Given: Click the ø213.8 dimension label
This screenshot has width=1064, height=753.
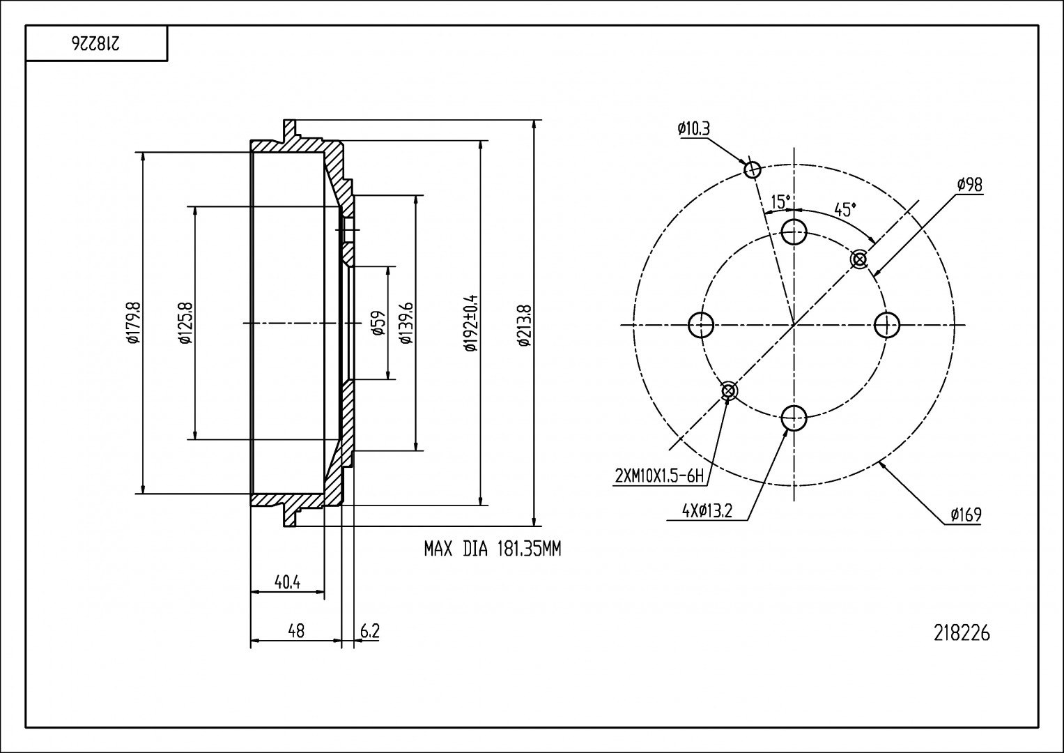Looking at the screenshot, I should (525, 325).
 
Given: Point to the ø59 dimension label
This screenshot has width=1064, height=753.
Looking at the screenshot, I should (379, 323).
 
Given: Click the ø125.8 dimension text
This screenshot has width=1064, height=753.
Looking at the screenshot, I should (184, 324).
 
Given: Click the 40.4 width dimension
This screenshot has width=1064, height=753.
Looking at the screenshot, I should (287, 582).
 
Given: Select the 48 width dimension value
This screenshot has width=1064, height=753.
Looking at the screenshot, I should (296, 631).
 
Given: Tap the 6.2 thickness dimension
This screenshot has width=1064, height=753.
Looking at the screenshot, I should (370, 631).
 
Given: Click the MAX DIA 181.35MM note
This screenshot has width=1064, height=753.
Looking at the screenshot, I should (493, 549).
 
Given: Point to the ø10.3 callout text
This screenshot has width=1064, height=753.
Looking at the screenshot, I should (693, 128).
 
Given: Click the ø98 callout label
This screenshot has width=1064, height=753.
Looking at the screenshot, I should (969, 185).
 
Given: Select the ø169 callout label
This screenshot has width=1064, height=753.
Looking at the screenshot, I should (966, 515).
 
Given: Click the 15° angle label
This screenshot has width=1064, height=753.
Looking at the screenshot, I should (780, 202).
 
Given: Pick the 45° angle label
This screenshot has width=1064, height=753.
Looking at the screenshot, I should (845, 210).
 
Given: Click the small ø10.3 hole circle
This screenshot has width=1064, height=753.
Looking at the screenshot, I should (753, 169).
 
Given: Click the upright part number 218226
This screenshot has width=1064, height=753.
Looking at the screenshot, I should (962, 633).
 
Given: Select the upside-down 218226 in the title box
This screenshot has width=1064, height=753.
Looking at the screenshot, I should (96, 44).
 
